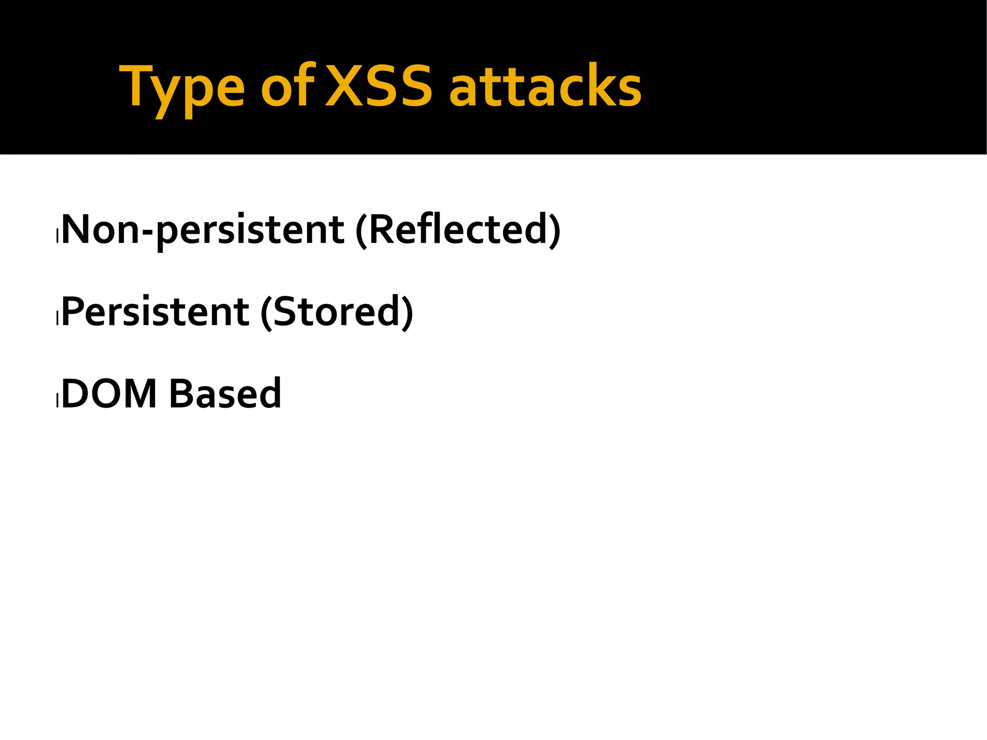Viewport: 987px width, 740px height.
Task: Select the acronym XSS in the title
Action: click(x=378, y=87)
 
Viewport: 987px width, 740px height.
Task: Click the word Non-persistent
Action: click(x=202, y=230)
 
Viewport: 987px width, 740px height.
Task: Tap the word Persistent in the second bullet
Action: click(x=155, y=312)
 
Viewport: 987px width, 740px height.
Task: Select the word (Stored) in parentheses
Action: click(x=336, y=312)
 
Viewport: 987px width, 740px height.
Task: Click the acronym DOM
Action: click(x=109, y=394)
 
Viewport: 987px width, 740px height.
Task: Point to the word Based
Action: click(x=225, y=394)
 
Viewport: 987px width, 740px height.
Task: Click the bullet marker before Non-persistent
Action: click(x=57, y=236)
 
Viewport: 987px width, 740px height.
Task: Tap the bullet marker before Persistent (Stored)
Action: click(x=57, y=318)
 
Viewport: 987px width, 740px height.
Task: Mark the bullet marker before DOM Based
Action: click(x=57, y=400)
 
